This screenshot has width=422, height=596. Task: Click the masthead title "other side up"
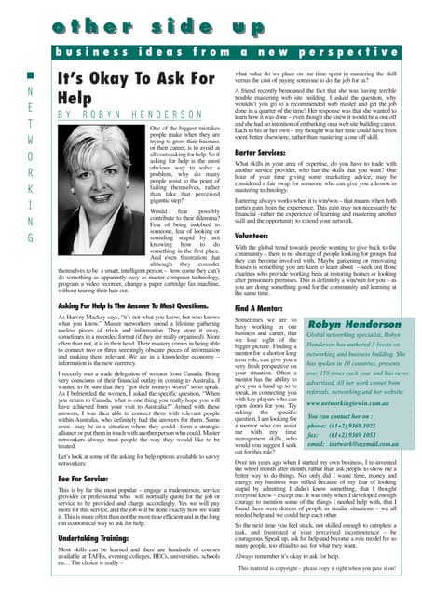[x=210, y=20]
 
